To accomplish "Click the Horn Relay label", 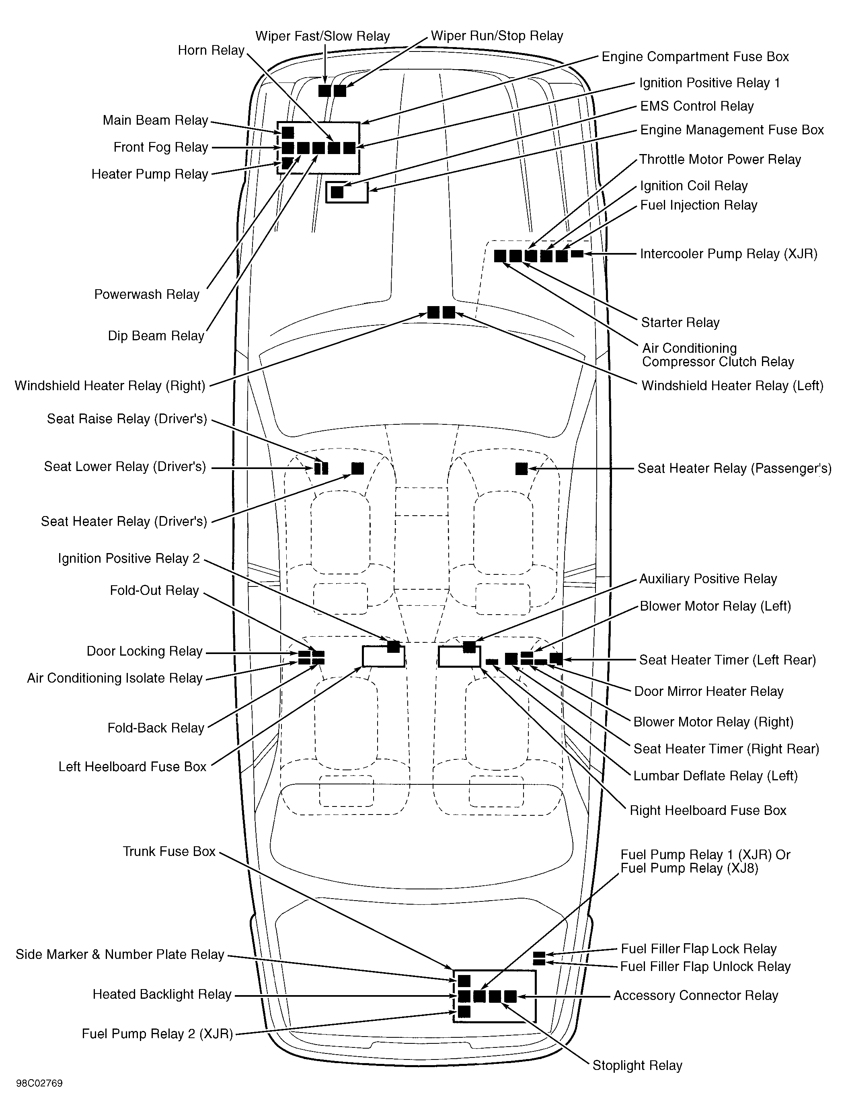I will point(211,51).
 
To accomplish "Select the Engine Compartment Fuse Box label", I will point(694,57).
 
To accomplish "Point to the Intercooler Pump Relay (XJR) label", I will point(728,253).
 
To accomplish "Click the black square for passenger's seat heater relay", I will point(521,469).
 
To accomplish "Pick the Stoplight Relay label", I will point(637,1066).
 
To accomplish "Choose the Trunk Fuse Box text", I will point(169,852).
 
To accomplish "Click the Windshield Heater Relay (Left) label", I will point(732,386).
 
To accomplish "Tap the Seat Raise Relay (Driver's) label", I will point(127,419).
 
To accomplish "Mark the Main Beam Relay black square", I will point(288,133).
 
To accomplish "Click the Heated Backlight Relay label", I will point(162,994).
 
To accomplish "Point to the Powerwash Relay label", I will point(146,294).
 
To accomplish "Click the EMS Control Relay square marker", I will point(337,192).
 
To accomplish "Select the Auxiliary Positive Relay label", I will point(708,579).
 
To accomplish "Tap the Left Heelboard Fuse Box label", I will point(132,767).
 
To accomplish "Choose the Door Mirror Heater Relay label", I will point(708,691).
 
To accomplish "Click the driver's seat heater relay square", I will point(357,469).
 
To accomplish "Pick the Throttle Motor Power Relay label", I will point(720,160).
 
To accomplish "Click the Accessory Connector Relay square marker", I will point(510,996).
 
